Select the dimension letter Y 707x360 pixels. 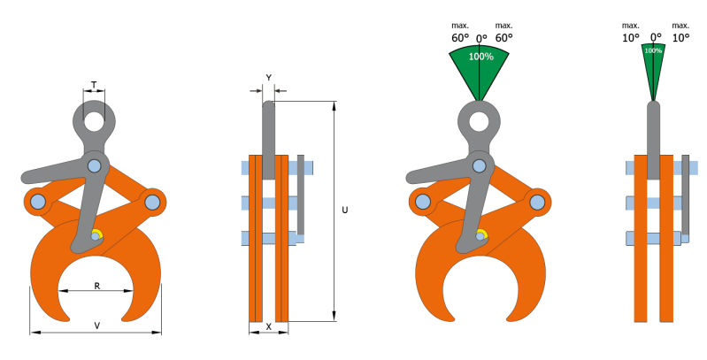tap(268, 77)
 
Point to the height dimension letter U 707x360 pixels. tap(344, 211)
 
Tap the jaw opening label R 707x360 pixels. tap(96, 286)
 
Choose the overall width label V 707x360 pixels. tap(96, 326)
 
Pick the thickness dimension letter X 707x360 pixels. tap(269, 326)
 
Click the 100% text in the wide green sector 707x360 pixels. tap(480, 57)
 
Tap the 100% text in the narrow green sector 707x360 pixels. tap(653, 51)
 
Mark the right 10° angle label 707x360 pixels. tap(680, 37)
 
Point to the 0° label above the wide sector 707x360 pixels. tap(481, 37)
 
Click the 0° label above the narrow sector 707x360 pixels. tap(656, 37)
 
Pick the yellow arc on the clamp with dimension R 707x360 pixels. tap(97, 234)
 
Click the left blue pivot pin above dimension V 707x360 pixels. tap(37, 202)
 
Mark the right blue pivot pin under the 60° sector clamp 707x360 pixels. tap(538, 202)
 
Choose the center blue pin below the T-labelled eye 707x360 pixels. tap(95, 165)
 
